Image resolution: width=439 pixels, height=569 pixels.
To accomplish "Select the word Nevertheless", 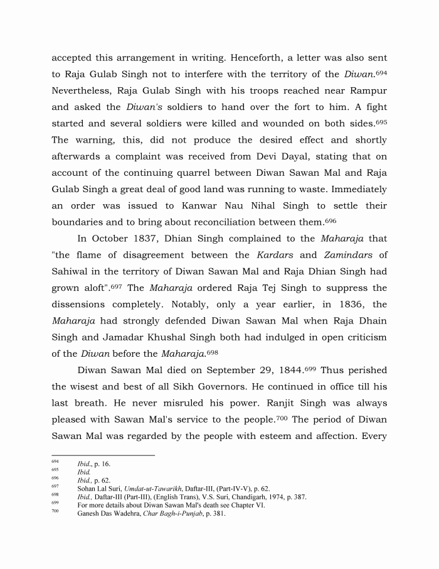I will [x=80, y=90].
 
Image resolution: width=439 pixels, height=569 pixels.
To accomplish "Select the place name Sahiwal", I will [x=71, y=271].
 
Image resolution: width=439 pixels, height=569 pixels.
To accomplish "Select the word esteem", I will [x=277, y=436].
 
